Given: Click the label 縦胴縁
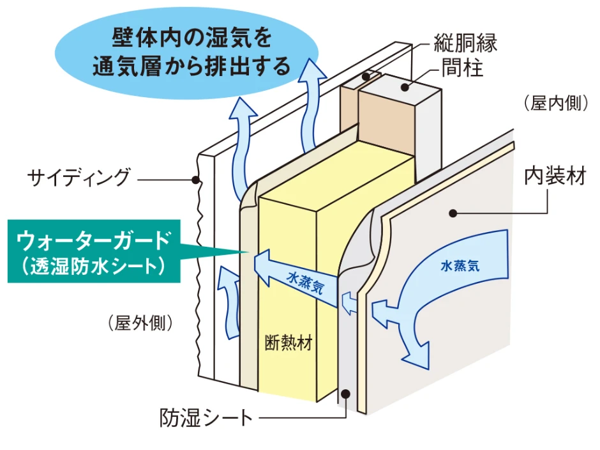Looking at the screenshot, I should (465, 43).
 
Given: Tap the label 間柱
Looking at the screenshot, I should (461, 68).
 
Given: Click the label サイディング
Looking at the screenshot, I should (79, 178).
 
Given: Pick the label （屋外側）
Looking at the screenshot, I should (141, 323).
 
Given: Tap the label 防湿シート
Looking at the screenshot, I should (206, 419).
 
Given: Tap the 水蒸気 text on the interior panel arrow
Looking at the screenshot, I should (460, 266).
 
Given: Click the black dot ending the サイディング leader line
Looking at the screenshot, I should (196, 180).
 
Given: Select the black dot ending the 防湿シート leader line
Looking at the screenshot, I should (345, 394).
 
